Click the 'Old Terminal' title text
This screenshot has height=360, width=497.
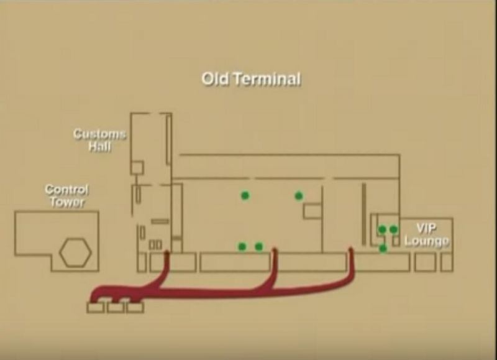251,79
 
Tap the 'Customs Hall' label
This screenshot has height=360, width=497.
99,140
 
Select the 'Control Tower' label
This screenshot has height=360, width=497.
66,196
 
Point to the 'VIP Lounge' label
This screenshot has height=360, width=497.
427,234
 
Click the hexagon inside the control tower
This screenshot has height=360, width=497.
76,253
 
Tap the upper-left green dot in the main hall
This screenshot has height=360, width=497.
245,196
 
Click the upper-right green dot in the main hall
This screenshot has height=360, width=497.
299,196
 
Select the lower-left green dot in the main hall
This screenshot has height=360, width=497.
242,246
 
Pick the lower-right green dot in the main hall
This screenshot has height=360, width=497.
258,246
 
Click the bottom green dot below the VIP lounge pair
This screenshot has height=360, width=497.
383,248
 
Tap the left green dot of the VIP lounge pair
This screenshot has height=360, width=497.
382,229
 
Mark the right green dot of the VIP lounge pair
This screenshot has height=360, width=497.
393,229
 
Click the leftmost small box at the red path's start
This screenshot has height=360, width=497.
96,307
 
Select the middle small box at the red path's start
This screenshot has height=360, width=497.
116,307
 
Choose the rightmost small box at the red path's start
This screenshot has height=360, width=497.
135,307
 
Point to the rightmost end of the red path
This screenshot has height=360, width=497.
351,249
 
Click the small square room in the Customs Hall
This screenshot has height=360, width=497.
137,168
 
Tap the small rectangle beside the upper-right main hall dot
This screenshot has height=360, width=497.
312,211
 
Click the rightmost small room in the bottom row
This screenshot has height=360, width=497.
447,262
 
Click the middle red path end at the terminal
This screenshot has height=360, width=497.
275,251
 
